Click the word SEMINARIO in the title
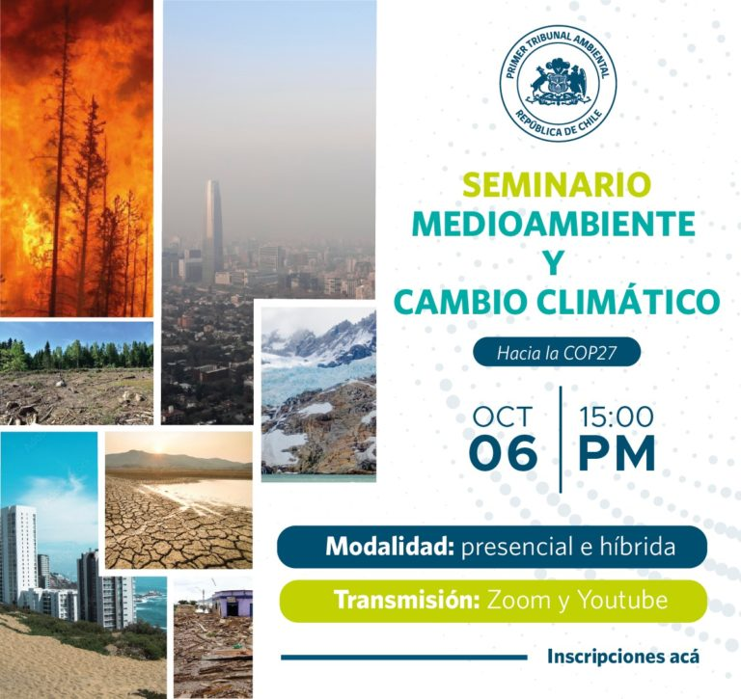coord(557,185)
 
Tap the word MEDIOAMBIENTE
coord(554,224)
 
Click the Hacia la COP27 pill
coord(557,352)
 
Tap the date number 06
coord(504,452)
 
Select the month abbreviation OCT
coord(503,417)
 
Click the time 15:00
coord(617,417)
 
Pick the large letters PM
coord(617,452)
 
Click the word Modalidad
coord(389,547)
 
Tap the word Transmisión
coord(407,601)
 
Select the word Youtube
coord(623,601)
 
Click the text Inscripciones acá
coord(623,657)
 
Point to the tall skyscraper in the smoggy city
coord(212,230)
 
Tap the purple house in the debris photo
coord(232,604)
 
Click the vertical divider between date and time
coord(561,440)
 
